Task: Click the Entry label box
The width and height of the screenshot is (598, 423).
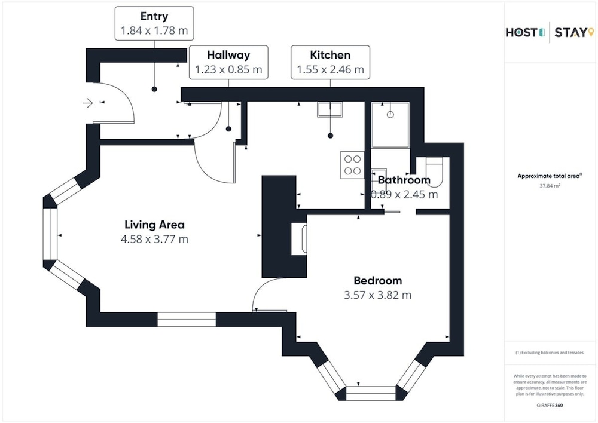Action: [x=154, y=23]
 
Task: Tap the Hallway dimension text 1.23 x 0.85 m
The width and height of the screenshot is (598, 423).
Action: [x=228, y=69]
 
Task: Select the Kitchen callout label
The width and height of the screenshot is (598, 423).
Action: [x=330, y=62]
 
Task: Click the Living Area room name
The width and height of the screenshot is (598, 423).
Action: [x=154, y=225]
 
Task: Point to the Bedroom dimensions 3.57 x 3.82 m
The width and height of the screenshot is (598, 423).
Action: [x=377, y=295]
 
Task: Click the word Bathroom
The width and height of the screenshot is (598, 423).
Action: [x=404, y=180]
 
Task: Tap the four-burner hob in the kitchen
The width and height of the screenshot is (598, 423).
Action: [x=352, y=165]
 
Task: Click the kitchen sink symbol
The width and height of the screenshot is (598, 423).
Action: [x=330, y=109]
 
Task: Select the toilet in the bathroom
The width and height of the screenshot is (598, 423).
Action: [x=434, y=172]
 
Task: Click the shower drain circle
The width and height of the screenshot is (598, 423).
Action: [x=390, y=114]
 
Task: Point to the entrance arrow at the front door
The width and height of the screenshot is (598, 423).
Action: [x=88, y=103]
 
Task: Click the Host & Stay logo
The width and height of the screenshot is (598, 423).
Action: [x=550, y=32]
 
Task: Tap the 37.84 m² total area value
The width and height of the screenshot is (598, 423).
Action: [x=550, y=186]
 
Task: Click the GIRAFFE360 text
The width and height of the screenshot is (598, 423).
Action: [x=550, y=406]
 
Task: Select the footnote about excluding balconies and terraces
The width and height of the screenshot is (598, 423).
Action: [x=550, y=352]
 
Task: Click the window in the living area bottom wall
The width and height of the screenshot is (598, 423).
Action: [x=187, y=320]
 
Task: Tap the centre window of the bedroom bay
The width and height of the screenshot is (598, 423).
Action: [x=371, y=393]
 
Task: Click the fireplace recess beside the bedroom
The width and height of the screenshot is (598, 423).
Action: [x=299, y=239]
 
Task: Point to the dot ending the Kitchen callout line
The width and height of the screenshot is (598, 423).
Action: [x=330, y=136]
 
